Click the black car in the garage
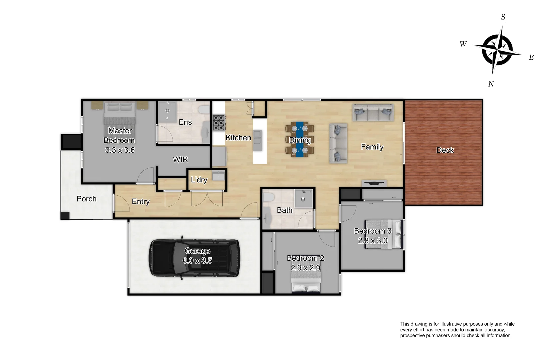click(194, 258)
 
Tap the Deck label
click(445, 150)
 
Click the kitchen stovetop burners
click(219, 122)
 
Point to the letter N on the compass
click(491, 84)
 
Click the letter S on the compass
click(503, 17)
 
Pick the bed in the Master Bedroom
click(120, 113)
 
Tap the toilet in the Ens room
click(204, 110)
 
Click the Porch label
click(86, 199)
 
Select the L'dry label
click(199, 180)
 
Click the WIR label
click(180, 160)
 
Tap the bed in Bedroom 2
click(306, 282)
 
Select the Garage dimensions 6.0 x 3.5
click(197, 261)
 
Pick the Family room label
click(372, 147)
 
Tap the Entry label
click(141, 202)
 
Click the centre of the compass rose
click(497, 50)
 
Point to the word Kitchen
click(238, 138)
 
